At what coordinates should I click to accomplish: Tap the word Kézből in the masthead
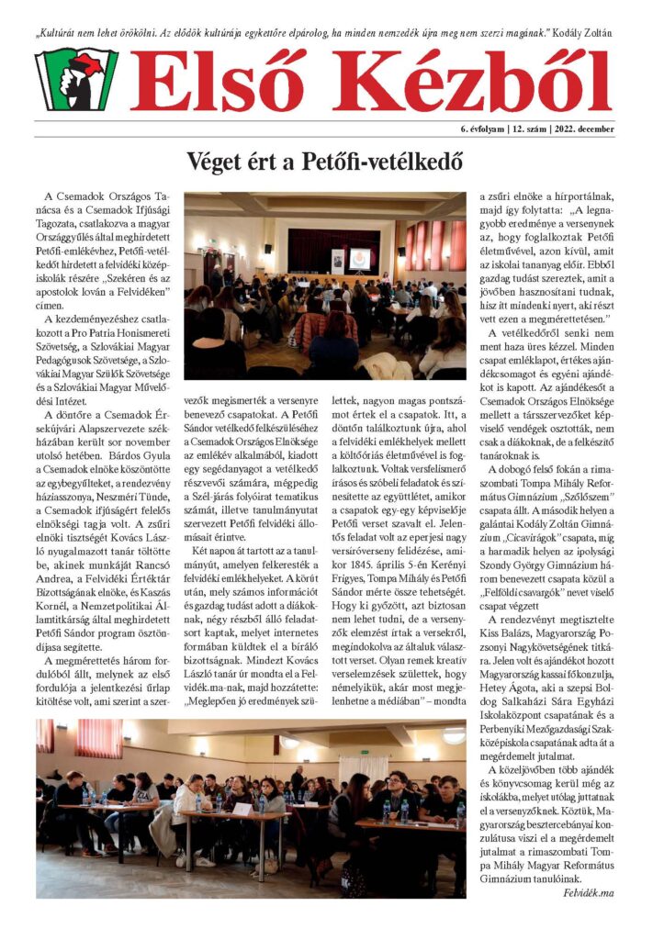coord(472,81)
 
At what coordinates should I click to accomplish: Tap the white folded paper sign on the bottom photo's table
coord(242,809)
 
